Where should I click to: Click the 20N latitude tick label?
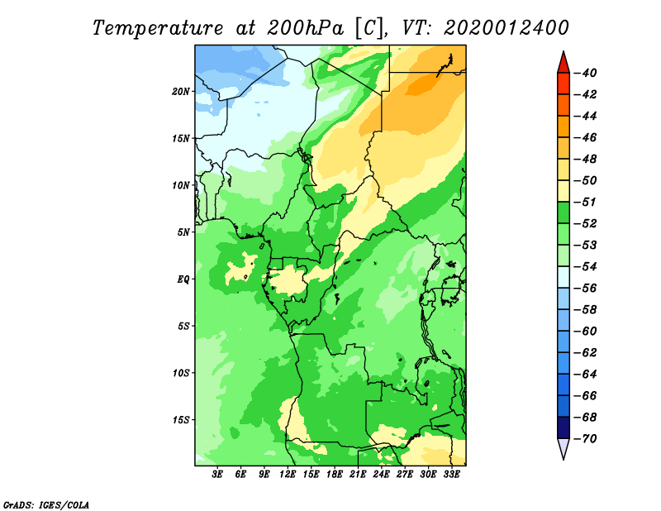click(x=181, y=92)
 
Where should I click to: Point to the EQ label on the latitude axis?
click(x=183, y=279)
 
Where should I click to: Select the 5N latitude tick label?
click(x=183, y=232)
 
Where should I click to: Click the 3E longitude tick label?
click(x=217, y=475)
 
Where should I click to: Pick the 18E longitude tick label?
click(x=335, y=475)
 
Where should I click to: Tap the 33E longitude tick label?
click(x=451, y=475)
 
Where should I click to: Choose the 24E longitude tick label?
click(x=381, y=475)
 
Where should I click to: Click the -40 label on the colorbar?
click(x=586, y=73)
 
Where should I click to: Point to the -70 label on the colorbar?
click(x=586, y=439)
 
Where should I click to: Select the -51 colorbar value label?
click(x=586, y=202)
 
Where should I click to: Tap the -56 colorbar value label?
click(x=586, y=289)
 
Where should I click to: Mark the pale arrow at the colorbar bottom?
click(x=564, y=448)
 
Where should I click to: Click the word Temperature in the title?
click(x=158, y=28)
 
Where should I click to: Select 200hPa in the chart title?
click(x=305, y=28)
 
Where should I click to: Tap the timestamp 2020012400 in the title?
click(x=506, y=28)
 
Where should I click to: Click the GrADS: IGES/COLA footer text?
click(x=46, y=505)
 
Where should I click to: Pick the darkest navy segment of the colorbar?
click(x=564, y=427)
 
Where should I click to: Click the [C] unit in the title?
click(x=369, y=28)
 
